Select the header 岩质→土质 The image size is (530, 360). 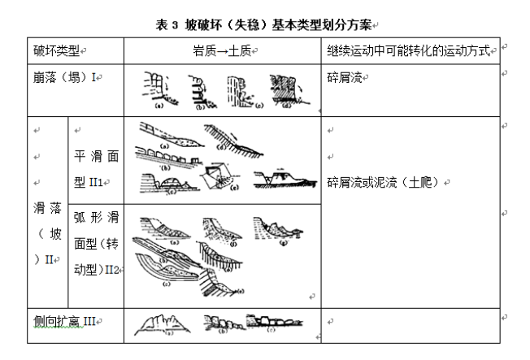220,51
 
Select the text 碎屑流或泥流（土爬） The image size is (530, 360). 385,182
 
